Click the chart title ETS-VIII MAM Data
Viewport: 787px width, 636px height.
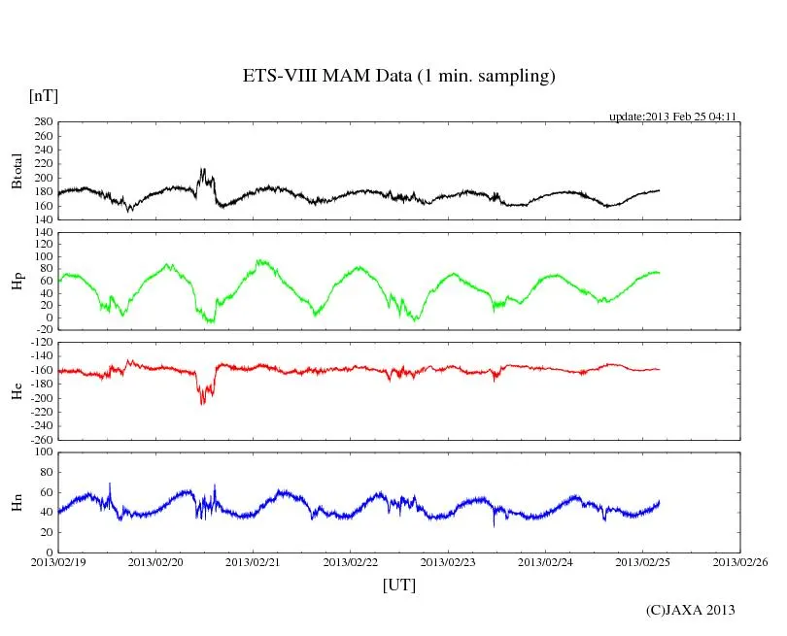(398, 77)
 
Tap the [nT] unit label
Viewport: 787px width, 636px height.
(44, 95)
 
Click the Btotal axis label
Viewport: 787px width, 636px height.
(17, 171)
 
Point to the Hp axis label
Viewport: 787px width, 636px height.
(17, 281)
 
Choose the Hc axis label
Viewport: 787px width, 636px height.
(17, 390)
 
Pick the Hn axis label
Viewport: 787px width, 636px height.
(17, 502)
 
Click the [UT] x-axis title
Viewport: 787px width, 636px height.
(399, 585)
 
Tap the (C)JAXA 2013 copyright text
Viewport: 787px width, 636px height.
(690, 610)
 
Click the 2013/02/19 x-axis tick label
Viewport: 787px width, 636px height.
(58, 561)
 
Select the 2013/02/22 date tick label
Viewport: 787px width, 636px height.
(351, 561)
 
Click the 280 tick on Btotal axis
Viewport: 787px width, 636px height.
(43, 122)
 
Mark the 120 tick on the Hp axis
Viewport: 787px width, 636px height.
(43, 233)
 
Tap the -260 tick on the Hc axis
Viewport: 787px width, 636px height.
(40, 439)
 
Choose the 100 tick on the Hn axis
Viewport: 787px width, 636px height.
(43, 452)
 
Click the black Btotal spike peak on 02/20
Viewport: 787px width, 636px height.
(202, 170)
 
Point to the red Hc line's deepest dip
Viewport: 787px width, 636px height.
(202, 402)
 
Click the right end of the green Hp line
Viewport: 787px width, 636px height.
(659, 273)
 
